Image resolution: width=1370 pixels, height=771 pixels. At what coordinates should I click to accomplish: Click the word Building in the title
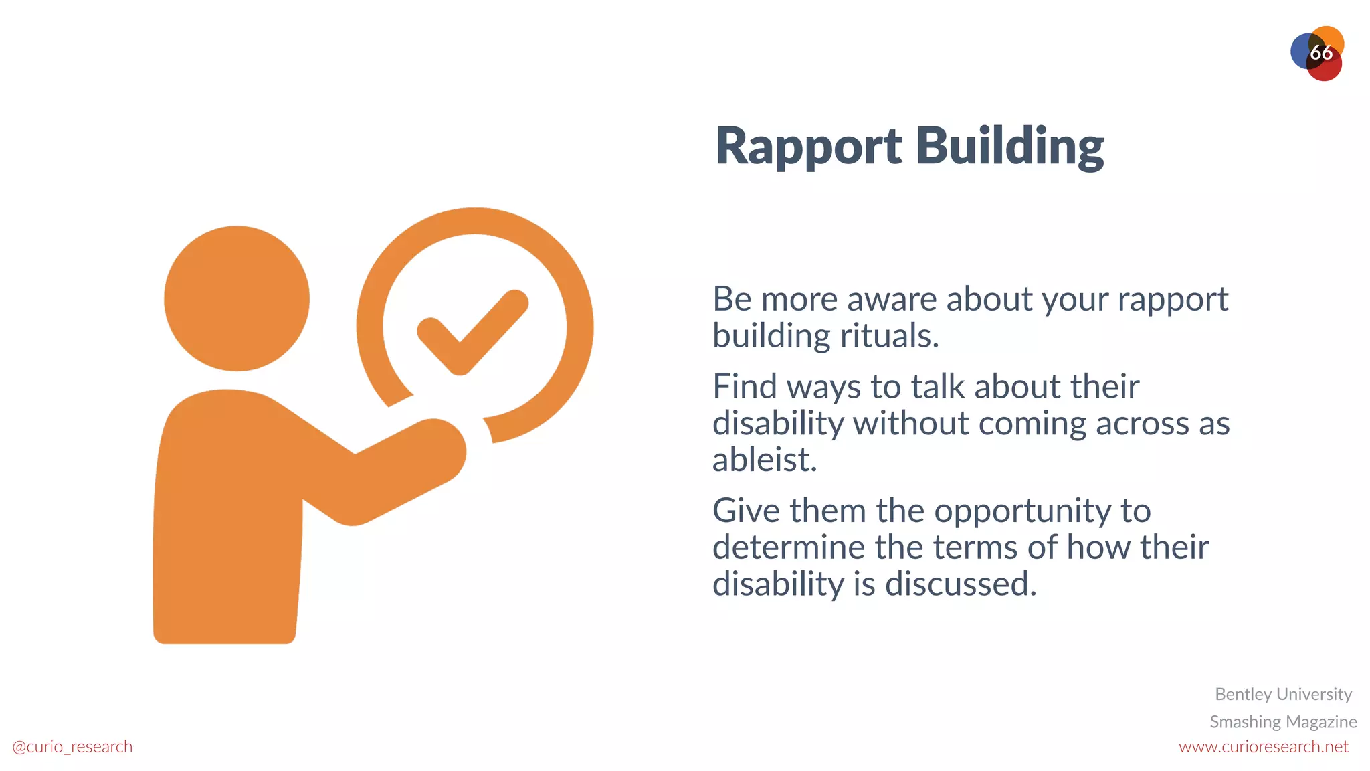click(x=1009, y=147)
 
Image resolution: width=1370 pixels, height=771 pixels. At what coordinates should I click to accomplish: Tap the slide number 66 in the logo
click(x=1320, y=53)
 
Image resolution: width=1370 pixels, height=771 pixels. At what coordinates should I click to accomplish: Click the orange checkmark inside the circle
click(x=472, y=333)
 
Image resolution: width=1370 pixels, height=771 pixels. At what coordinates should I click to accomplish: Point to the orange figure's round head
click(x=237, y=298)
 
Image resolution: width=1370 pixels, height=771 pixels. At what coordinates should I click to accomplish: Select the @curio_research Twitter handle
click(x=72, y=746)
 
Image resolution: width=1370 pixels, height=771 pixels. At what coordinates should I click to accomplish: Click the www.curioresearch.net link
click(x=1263, y=746)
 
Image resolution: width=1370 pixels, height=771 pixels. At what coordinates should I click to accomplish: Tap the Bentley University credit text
click(x=1283, y=694)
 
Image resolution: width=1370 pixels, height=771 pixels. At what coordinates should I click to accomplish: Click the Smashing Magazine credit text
click(x=1282, y=721)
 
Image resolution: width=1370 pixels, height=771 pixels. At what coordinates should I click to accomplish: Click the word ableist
click(x=764, y=460)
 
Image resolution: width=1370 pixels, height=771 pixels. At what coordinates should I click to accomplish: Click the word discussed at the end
click(x=961, y=584)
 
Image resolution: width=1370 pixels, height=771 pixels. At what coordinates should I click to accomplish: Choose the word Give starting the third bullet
click(x=746, y=511)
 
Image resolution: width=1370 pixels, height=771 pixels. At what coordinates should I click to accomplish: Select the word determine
click(x=788, y=547)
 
